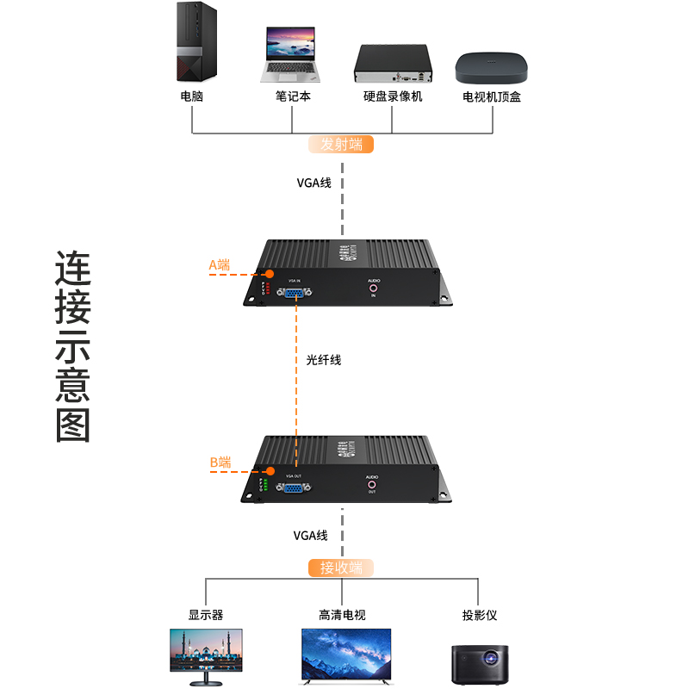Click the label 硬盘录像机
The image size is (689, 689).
(392, 96)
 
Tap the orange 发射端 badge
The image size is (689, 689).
(342, 144)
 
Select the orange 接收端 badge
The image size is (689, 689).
(342, 568)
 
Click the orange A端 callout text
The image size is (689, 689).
(220, 265)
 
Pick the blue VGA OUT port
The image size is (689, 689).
(294, 488)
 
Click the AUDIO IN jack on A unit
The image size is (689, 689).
(374, 289)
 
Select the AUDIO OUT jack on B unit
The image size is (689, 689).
(372, 485)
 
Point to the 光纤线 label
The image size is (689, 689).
(324, 360)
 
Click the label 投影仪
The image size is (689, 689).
(480, 615)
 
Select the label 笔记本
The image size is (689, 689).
(293, 96)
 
